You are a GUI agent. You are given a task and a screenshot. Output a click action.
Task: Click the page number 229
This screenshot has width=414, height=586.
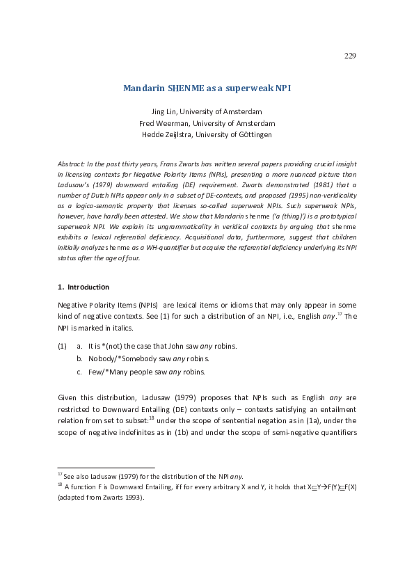click(x=350, y=56)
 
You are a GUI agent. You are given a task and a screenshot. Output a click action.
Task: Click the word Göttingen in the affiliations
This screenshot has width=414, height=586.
click(x=254, y=134)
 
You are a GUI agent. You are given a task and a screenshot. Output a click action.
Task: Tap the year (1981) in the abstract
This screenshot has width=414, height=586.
click(x=244, y=187)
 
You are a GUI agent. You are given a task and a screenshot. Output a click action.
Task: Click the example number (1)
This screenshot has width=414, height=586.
click(x=62, y=346)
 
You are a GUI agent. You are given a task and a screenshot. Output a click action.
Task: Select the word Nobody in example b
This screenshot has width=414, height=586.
click(x=102, y=358)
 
